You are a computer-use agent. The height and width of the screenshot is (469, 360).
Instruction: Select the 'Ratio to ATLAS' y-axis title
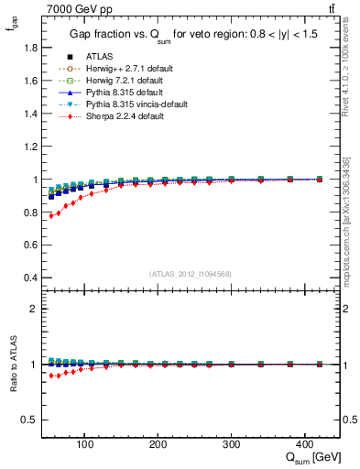[x=12, y=364]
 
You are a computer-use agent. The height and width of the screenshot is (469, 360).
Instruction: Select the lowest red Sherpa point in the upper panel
[x=51, y=216]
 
